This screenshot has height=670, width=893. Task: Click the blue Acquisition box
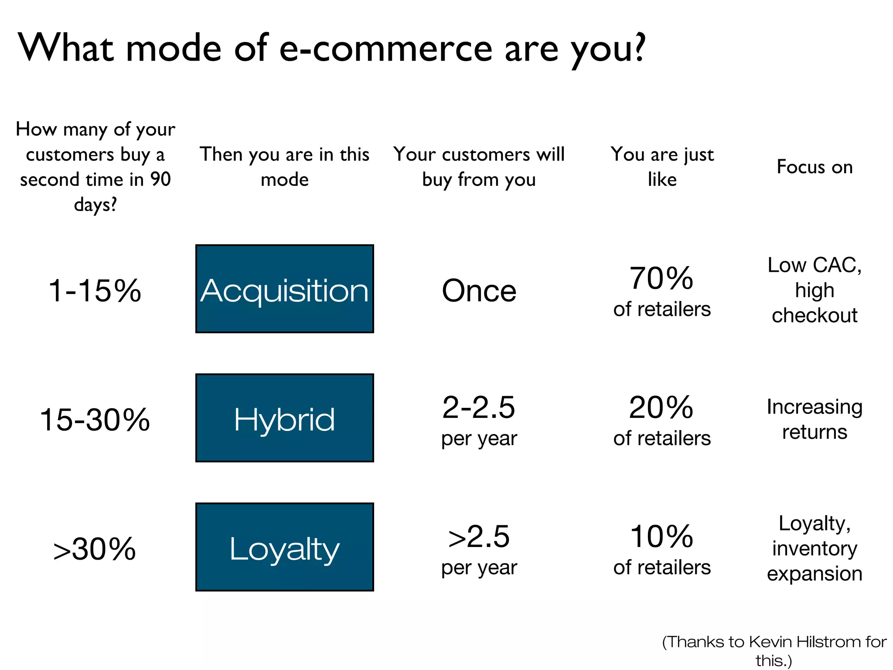coord(284,289)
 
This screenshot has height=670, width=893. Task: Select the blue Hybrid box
coord(284,418)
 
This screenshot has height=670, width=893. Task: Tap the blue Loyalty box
coord(284,547)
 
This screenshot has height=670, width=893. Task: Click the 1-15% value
coord(95,291)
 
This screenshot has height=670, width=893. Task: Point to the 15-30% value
coord(95,420)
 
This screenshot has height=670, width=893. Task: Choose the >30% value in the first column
coord(95,549)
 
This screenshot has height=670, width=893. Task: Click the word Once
coord(479,291)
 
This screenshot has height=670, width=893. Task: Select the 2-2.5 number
coord(479,407)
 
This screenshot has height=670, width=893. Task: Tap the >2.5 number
coord(479,537)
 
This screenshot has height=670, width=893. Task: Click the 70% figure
coord(661,278)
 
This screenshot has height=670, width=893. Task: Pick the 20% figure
coord(661,407)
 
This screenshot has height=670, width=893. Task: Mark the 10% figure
coord(661,537)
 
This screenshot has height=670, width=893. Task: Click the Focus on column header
coord(815,167)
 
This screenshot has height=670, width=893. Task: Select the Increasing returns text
coord(815,419)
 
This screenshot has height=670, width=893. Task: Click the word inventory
coord(815,548)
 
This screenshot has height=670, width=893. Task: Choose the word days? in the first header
coord(95,204)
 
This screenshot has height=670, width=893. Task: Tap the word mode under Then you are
coord(284,179)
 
